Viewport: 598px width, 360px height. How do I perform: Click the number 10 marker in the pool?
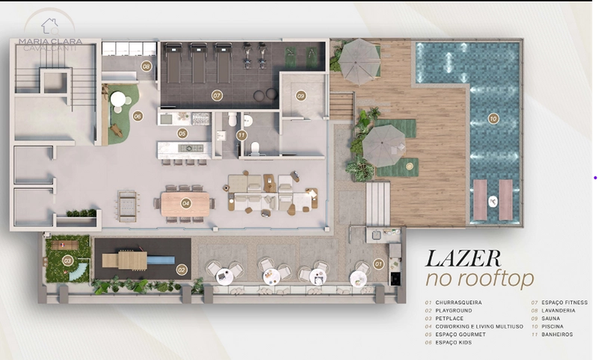click(493, 119)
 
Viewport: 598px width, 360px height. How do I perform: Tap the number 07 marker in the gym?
click(217, 96)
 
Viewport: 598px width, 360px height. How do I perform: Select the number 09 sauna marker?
click(301, 96)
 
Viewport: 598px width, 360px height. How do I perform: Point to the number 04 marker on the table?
click(185, 203)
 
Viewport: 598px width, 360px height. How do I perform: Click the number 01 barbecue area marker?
click(378, 264)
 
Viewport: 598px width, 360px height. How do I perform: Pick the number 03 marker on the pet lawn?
click(68, 261)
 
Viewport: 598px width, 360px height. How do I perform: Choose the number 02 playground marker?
click(182, 270)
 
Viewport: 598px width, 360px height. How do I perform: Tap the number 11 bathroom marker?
click(241, 135)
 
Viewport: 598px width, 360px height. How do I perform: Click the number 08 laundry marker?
click(147, 66)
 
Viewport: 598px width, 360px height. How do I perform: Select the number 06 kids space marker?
click(138, 117)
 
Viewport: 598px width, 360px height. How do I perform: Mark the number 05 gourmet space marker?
click(182, 134)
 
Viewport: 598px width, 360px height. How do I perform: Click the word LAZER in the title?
click(463, 258)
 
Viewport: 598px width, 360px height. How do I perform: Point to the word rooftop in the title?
click(496, 279)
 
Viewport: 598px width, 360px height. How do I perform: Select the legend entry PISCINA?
click(552, 326)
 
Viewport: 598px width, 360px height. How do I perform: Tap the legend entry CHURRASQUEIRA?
click(459, 302)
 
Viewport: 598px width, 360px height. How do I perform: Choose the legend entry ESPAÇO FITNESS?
click(564, 302)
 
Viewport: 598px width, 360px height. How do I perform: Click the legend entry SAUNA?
click(551, 318)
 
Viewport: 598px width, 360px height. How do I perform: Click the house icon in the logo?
click(50, 27)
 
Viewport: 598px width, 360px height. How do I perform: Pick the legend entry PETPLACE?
click(449, 318)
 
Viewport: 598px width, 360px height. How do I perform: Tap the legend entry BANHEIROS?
click(557, 335)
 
